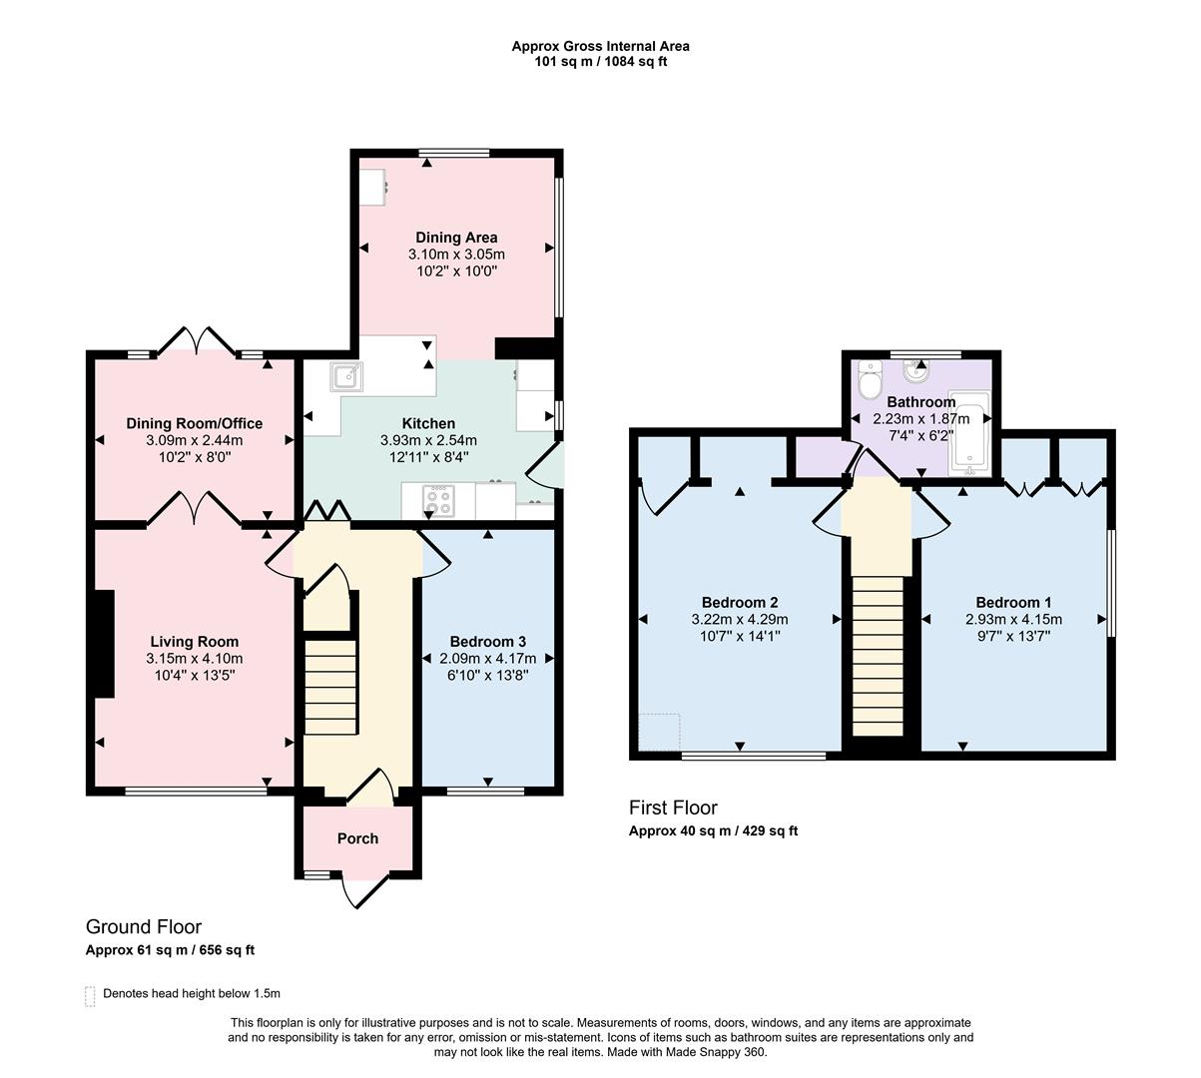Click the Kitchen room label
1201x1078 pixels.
click(428, 423)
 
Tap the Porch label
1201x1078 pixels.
click(357, 838)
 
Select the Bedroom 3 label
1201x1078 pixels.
click(487, 642)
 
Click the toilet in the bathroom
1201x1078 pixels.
click(870, 380)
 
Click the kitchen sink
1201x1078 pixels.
click(347, 376)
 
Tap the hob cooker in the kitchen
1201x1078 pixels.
click(437, 499)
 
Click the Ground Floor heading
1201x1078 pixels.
click(144, 927)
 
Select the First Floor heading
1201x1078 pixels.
click(673, 808)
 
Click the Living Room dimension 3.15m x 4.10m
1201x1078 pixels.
click(195, 659)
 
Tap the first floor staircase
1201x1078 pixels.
click(879, 654)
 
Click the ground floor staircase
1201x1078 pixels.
click(329, 687)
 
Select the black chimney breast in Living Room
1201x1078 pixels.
click(104, 644)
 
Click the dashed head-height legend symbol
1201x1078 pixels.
click(91, 995)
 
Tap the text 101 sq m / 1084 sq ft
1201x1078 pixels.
click(600, 62)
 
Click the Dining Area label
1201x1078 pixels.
click(456, 238)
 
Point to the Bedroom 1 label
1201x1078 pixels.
click(1013, 602)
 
